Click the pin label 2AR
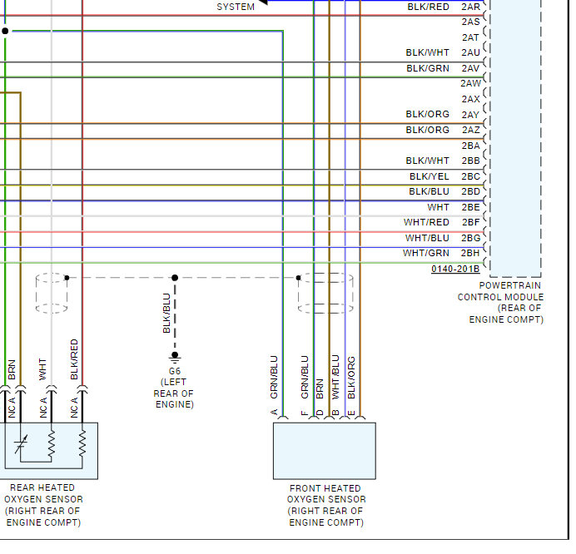tap(470, 7)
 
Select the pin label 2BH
tap(470, 254)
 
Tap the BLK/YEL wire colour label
tap(429, 176)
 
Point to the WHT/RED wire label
tap(426, 223)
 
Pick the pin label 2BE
tap(470, 207)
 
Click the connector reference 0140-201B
tap(455, 270)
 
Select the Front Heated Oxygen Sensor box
tap(324, 451)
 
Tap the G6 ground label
tap(175, 370)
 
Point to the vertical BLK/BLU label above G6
tap(166, 314)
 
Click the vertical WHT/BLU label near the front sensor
tap(335, 377)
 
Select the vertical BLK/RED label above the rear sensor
tap(75, 359)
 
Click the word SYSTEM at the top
tap(236, 7)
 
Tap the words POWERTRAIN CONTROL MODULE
tap(500, 291)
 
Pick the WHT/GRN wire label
tap(426, 254)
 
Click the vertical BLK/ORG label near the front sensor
tap(351, 377)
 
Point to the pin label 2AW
tap(470, 83)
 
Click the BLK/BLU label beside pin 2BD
tap(429, 192)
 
